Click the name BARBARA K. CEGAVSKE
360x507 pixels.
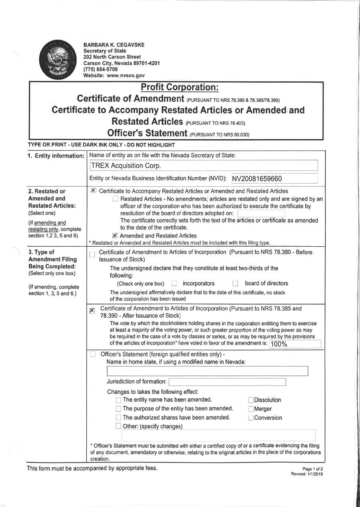[114, 45]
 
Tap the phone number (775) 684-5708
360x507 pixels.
[101, 69]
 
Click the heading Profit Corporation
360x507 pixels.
[179, 87]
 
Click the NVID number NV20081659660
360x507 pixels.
[257, 179]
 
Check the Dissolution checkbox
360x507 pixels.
[251, 400]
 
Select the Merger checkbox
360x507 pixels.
[251, 409]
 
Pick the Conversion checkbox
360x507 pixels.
[251, 418]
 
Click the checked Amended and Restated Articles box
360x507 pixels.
[115, 236]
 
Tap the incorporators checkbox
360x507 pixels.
[174, 284]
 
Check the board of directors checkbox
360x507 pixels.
[236, 284]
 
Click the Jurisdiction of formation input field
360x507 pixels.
[227, 381]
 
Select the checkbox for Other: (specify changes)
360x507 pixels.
[118, 426]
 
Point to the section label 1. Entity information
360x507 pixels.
[56, 156]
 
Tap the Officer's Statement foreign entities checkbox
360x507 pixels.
[93, 354]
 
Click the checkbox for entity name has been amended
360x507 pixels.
[118, 400]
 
